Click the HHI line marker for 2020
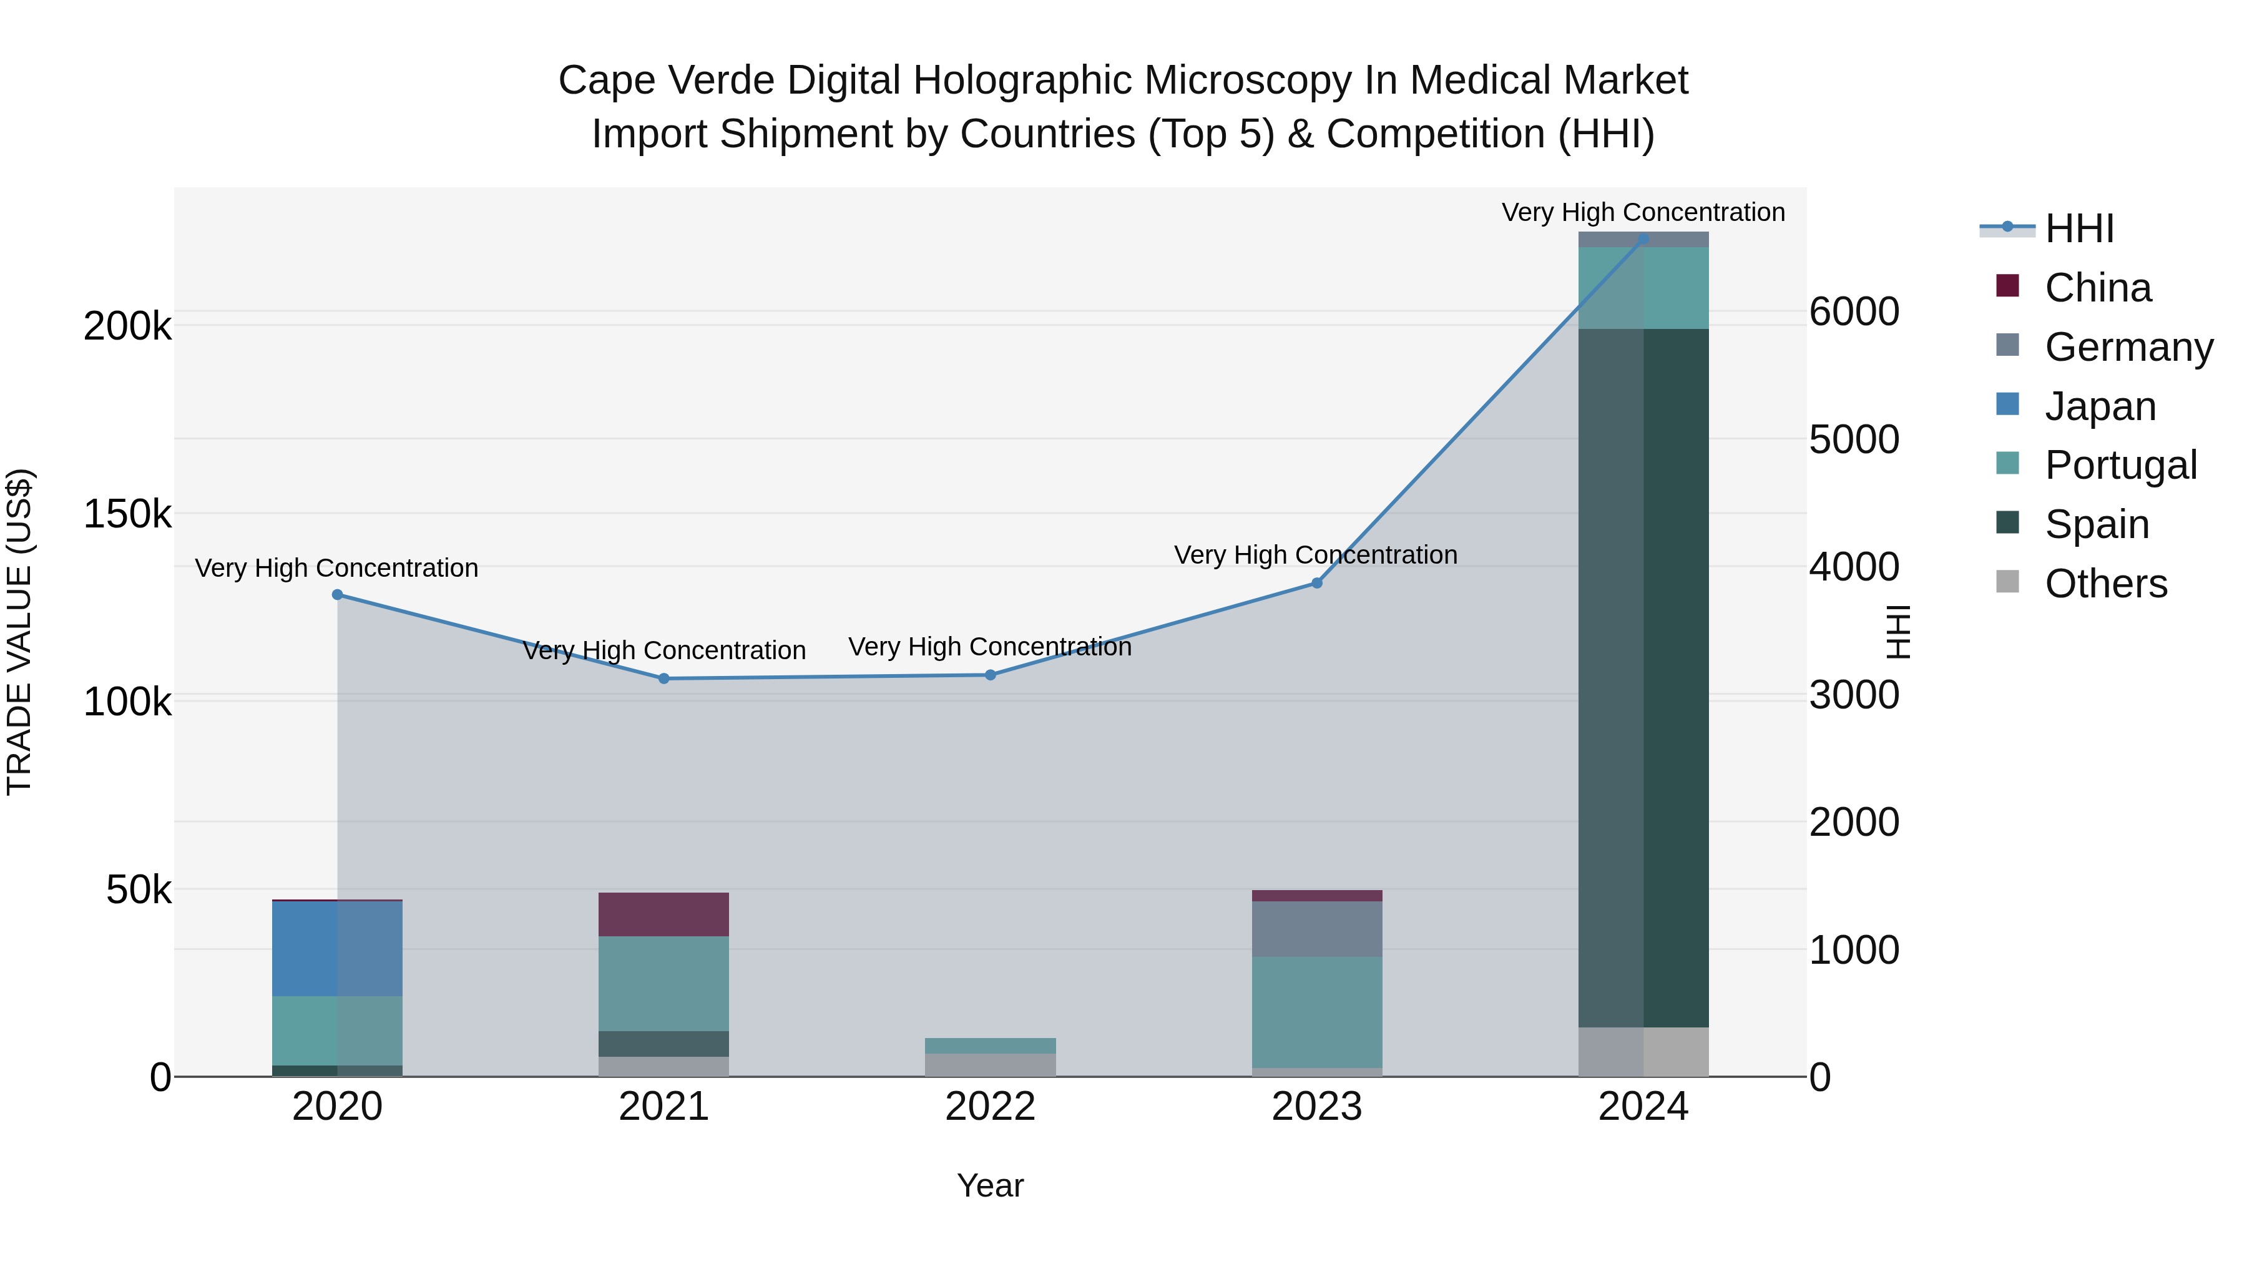click(338, 595)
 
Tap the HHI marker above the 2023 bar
click(1317, 584)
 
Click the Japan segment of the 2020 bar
click(338, 948)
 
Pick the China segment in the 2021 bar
click(664, 914)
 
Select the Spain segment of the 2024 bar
click(1643, 678)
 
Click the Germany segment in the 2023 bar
click(1317, 929)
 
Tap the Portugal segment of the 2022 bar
click(990, 1046)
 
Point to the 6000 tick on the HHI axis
click(1854, 311)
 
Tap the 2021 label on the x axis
click(664, 1107)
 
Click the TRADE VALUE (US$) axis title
click(19, 632)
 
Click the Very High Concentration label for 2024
click(1643, 212)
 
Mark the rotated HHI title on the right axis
click(1898, 632)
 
